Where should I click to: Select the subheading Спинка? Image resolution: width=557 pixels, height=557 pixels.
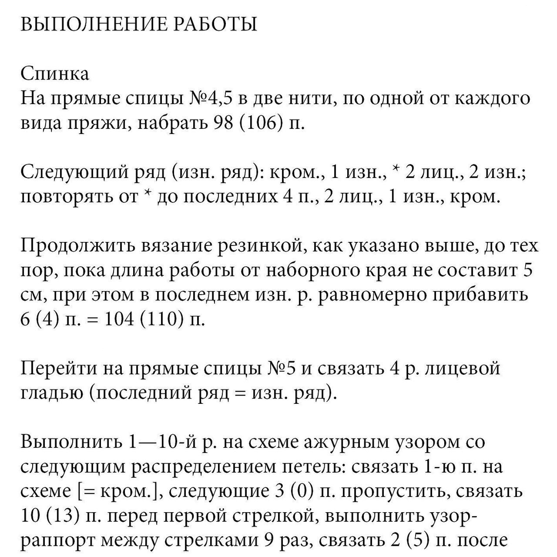tap(55, 74)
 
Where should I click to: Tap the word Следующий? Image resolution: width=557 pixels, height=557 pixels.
tap(70, 173)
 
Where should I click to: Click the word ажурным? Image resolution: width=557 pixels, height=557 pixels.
tap(346, 442)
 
